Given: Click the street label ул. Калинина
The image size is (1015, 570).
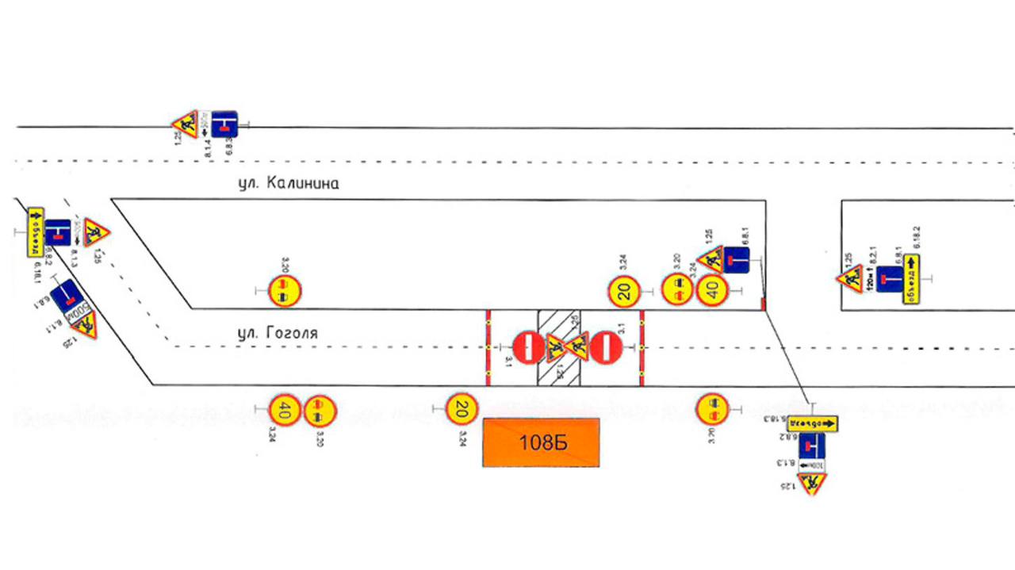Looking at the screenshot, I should click(x=289, y=183).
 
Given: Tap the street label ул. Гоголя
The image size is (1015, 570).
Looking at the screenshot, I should click(x=278, y=334).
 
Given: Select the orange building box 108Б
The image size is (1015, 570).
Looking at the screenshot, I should click(x=542, y=442).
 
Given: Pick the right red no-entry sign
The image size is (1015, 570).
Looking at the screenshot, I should click(x=606, y=347).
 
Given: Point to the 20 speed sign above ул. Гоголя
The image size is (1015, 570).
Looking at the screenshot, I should click(x=625, y=292).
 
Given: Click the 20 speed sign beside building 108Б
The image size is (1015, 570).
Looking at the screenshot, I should click(x=460, y=409).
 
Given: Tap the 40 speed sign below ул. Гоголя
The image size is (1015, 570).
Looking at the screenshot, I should click(x=285, y=410).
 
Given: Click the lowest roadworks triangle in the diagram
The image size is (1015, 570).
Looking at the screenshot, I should click(x=812, y=483).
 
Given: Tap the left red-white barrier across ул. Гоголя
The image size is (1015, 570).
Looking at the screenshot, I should click(x=488, y=348).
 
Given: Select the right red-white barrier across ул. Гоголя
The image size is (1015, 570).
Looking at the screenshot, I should click(x=641, y=348).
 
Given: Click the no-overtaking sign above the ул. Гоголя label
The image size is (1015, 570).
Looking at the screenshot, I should click(x=284, y=292).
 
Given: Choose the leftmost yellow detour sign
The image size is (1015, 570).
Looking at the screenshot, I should click(x=35, y=231).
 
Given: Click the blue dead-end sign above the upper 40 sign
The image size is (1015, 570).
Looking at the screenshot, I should click(x=737, y=260).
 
